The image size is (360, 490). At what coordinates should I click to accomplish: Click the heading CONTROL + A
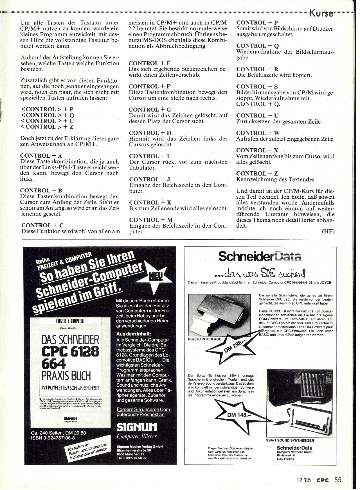41,156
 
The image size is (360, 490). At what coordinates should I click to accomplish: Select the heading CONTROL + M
151,220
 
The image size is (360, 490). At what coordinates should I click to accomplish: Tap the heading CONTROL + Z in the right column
257,174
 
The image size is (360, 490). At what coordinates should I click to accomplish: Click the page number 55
338,480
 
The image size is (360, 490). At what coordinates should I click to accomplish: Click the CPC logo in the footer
323,480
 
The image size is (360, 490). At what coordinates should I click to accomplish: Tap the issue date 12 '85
303,480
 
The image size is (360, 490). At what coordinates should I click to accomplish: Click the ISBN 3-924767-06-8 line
53,438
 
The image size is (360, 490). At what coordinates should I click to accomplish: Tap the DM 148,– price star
237,415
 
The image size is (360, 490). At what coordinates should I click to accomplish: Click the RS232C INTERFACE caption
204,339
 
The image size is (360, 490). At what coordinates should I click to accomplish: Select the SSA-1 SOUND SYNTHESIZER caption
290,441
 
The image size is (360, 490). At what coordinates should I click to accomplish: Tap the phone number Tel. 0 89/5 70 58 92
131,458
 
